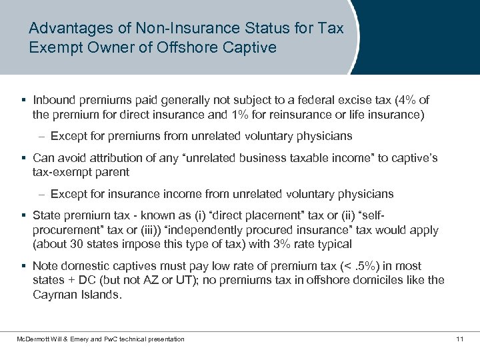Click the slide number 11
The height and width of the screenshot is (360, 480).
point(459,339)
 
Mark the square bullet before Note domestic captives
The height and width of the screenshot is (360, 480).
point(23,266)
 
